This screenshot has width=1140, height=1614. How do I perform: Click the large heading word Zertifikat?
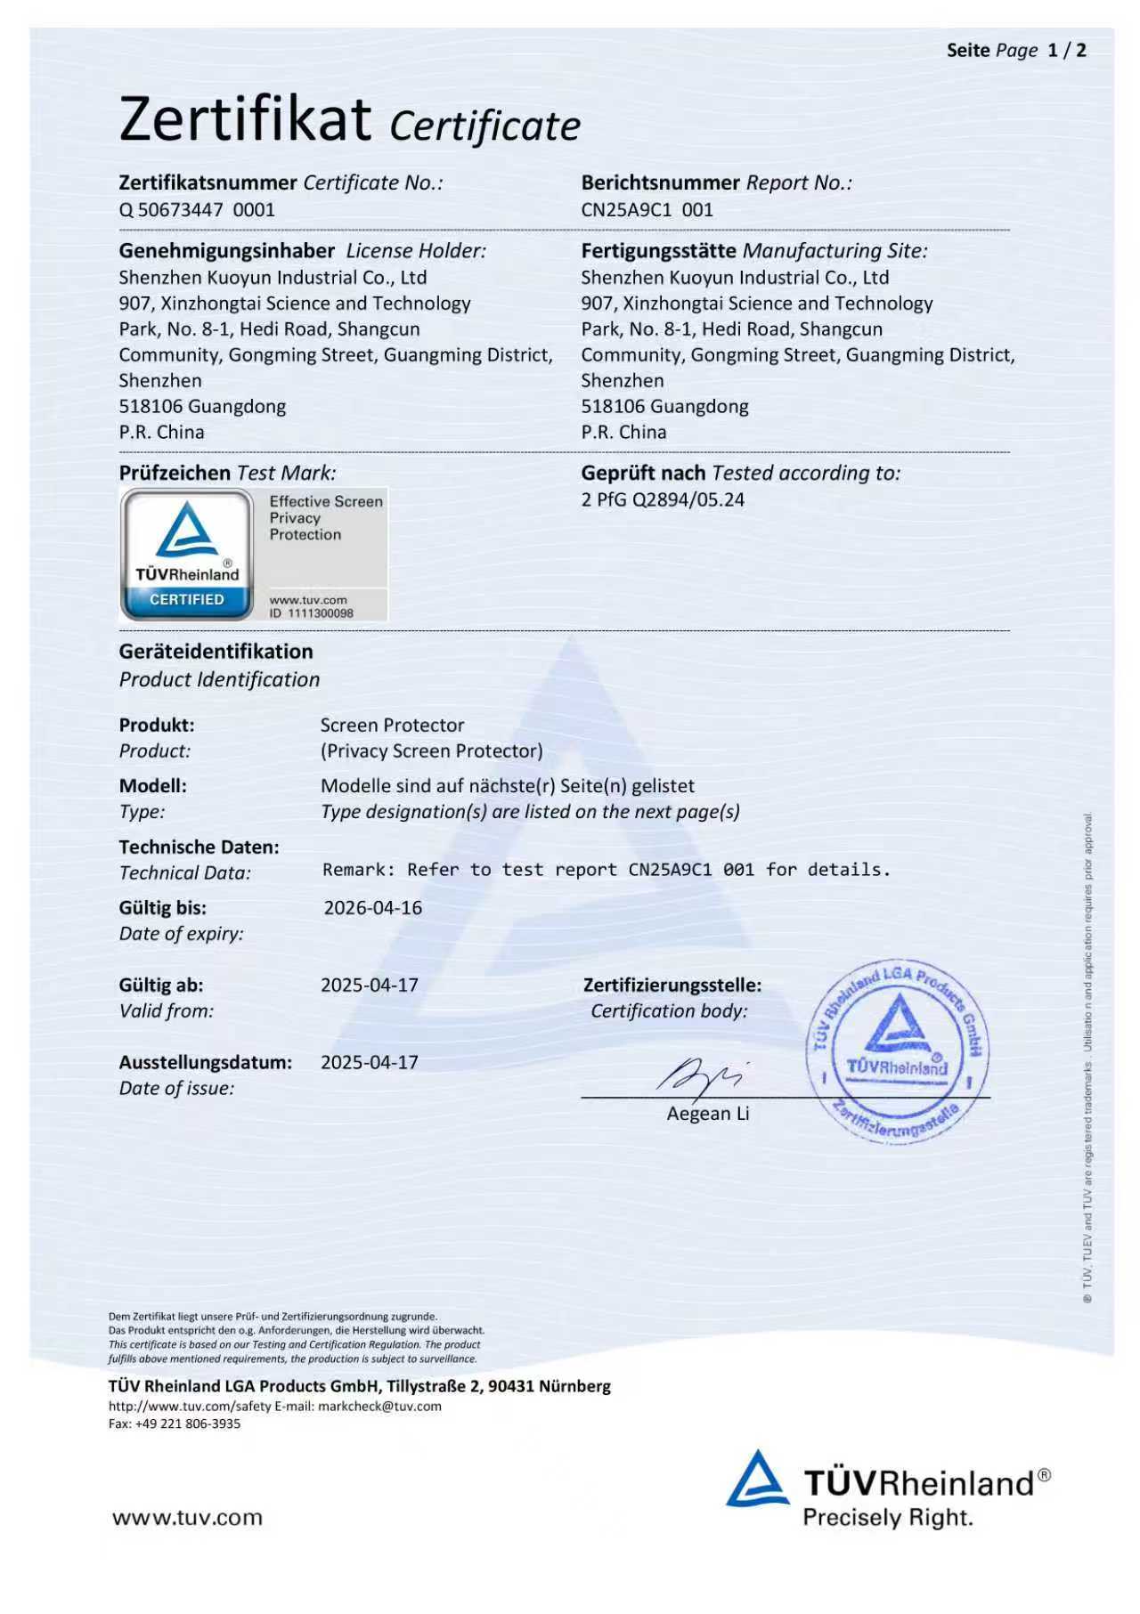pyautogui.click(x=245, y=120)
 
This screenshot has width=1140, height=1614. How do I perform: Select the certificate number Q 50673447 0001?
pyautogui.click(x=197, y=210)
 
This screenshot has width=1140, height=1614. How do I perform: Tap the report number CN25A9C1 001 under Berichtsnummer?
pyautogui.click(x=647, y=210)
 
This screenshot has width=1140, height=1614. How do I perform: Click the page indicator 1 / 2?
pyautogui.click(x=1067, y=51)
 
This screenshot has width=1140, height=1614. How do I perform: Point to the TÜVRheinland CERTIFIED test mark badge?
pyautogui.click(x=187, y=554)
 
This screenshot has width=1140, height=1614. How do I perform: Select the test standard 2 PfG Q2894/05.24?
pyautogui.click(x=662, y=499)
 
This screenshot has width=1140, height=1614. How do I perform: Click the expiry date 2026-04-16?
pyautogui.click(x=372, y=908)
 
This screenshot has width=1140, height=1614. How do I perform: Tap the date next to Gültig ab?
pyautogui.click(x=369, y=985)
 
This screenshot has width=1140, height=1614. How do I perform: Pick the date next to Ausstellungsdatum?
pyautogui.click(x=369, y=1063)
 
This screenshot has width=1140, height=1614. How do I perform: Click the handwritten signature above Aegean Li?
pyautogui.click(x=700, y=1075)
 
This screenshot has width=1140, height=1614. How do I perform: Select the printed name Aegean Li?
pyautogui.click(x=708, y=1114)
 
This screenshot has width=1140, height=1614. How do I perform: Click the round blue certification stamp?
pyautogui.click(x=898, y=1050)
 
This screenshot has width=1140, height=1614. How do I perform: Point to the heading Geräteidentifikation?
pyautogui.click(x=216, y=652)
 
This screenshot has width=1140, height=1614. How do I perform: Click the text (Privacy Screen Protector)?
pyautogui.click(x=431, y=751)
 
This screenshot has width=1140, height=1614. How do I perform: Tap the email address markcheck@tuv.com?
pyautogui.click(x=379, y=1407)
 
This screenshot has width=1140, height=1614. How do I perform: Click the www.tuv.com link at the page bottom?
pyautogui.click(x=187, y=1518)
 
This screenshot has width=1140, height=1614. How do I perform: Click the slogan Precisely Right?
pyautogui.click(x=887, y=1518)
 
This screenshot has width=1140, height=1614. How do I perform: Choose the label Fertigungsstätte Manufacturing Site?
pyautogui.click(x=753, y=251)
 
